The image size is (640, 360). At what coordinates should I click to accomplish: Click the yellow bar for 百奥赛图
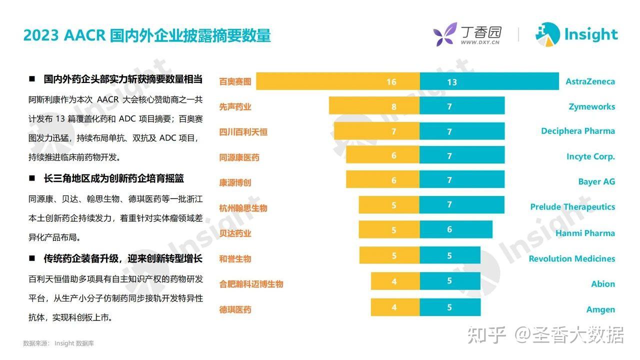337,81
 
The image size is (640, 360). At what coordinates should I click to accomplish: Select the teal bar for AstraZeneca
489,81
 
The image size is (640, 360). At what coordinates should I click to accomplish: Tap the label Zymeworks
591,106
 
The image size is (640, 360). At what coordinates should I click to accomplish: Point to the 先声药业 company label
235,106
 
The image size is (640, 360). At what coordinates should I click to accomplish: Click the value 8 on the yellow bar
394,106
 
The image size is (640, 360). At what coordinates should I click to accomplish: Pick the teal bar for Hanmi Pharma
455,229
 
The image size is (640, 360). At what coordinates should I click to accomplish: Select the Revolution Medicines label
571,258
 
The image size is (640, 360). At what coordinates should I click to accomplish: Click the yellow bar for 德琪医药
395,307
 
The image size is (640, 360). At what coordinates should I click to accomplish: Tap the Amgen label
600,309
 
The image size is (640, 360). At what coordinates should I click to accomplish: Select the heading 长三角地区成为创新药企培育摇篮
113,178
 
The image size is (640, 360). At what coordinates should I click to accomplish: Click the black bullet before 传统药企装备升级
32,258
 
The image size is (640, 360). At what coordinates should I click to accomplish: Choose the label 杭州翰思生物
243,208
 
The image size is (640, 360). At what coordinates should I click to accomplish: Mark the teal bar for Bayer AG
461,180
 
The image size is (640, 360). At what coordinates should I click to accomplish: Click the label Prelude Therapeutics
572,206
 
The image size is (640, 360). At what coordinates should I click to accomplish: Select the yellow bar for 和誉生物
389,255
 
